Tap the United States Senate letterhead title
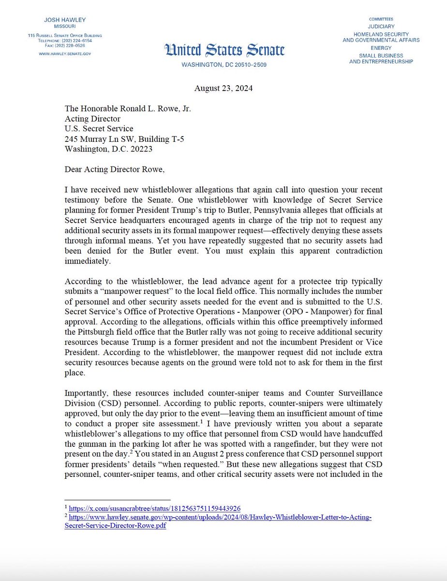(224, 50)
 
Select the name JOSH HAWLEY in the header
(64, 20)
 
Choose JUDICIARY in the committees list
(381, 27)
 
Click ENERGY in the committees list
(381, 48)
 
